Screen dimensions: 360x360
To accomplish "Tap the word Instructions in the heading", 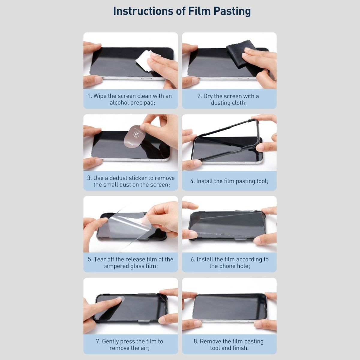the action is [143, 11].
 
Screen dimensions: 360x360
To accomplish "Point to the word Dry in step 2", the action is [208, 96].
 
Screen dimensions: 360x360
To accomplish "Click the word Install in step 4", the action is [204, 181].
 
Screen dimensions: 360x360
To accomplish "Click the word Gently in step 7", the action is [110, 341].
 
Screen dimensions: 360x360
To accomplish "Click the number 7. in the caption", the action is [98, 341].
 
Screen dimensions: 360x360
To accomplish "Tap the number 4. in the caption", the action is [192, 181].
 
